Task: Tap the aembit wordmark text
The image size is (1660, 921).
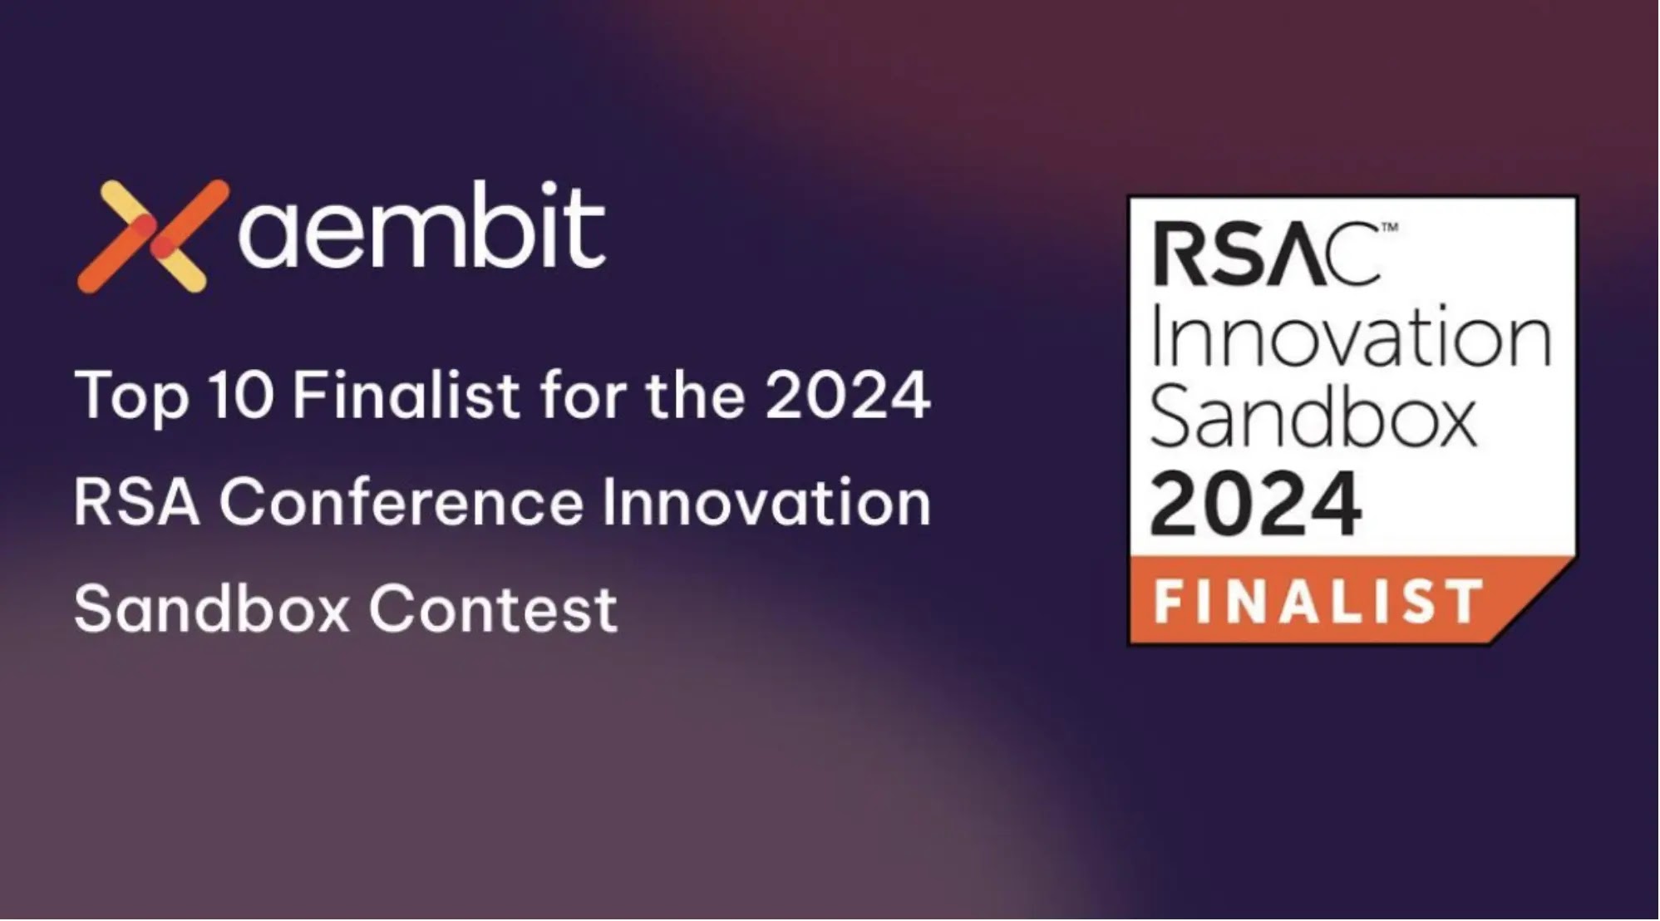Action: [x=422, y=226]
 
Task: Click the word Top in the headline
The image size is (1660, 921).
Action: [x=131, y=396]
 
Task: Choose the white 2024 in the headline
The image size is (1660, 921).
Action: [x=848, y=395]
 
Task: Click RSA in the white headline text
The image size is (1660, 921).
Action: [x=137, y=502]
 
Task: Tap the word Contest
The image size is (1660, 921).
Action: [x=493, y=609]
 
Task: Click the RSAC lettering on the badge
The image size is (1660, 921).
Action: [x=1266, y=254]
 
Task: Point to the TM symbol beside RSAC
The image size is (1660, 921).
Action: [x=1389, y=226]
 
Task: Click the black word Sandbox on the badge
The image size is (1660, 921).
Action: [x=1313, y=420]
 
